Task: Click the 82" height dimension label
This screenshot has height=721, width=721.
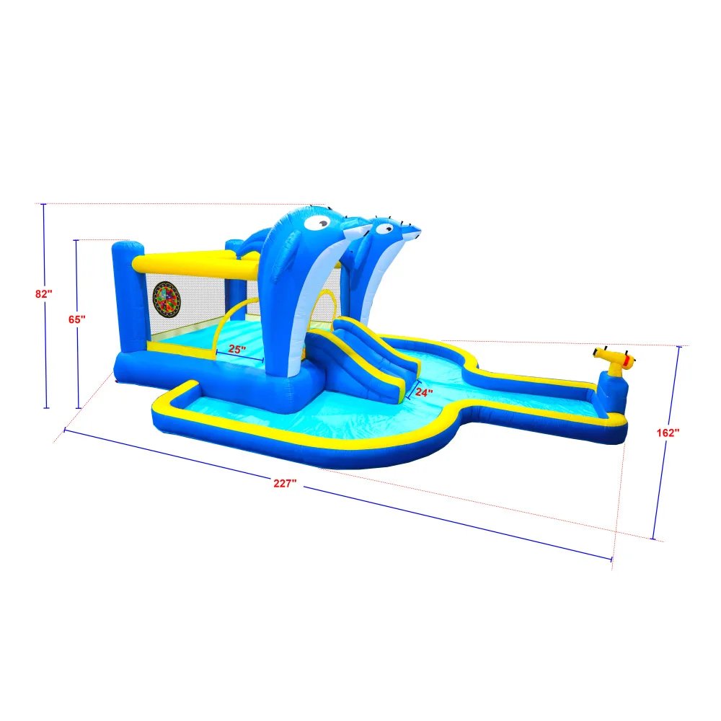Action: pyautogui.click(x=44, y=293)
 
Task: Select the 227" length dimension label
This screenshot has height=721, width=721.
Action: pyautogui.click(x=286, y=484)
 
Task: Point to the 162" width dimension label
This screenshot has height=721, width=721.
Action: pyautogui.click(x=668, y=432)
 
